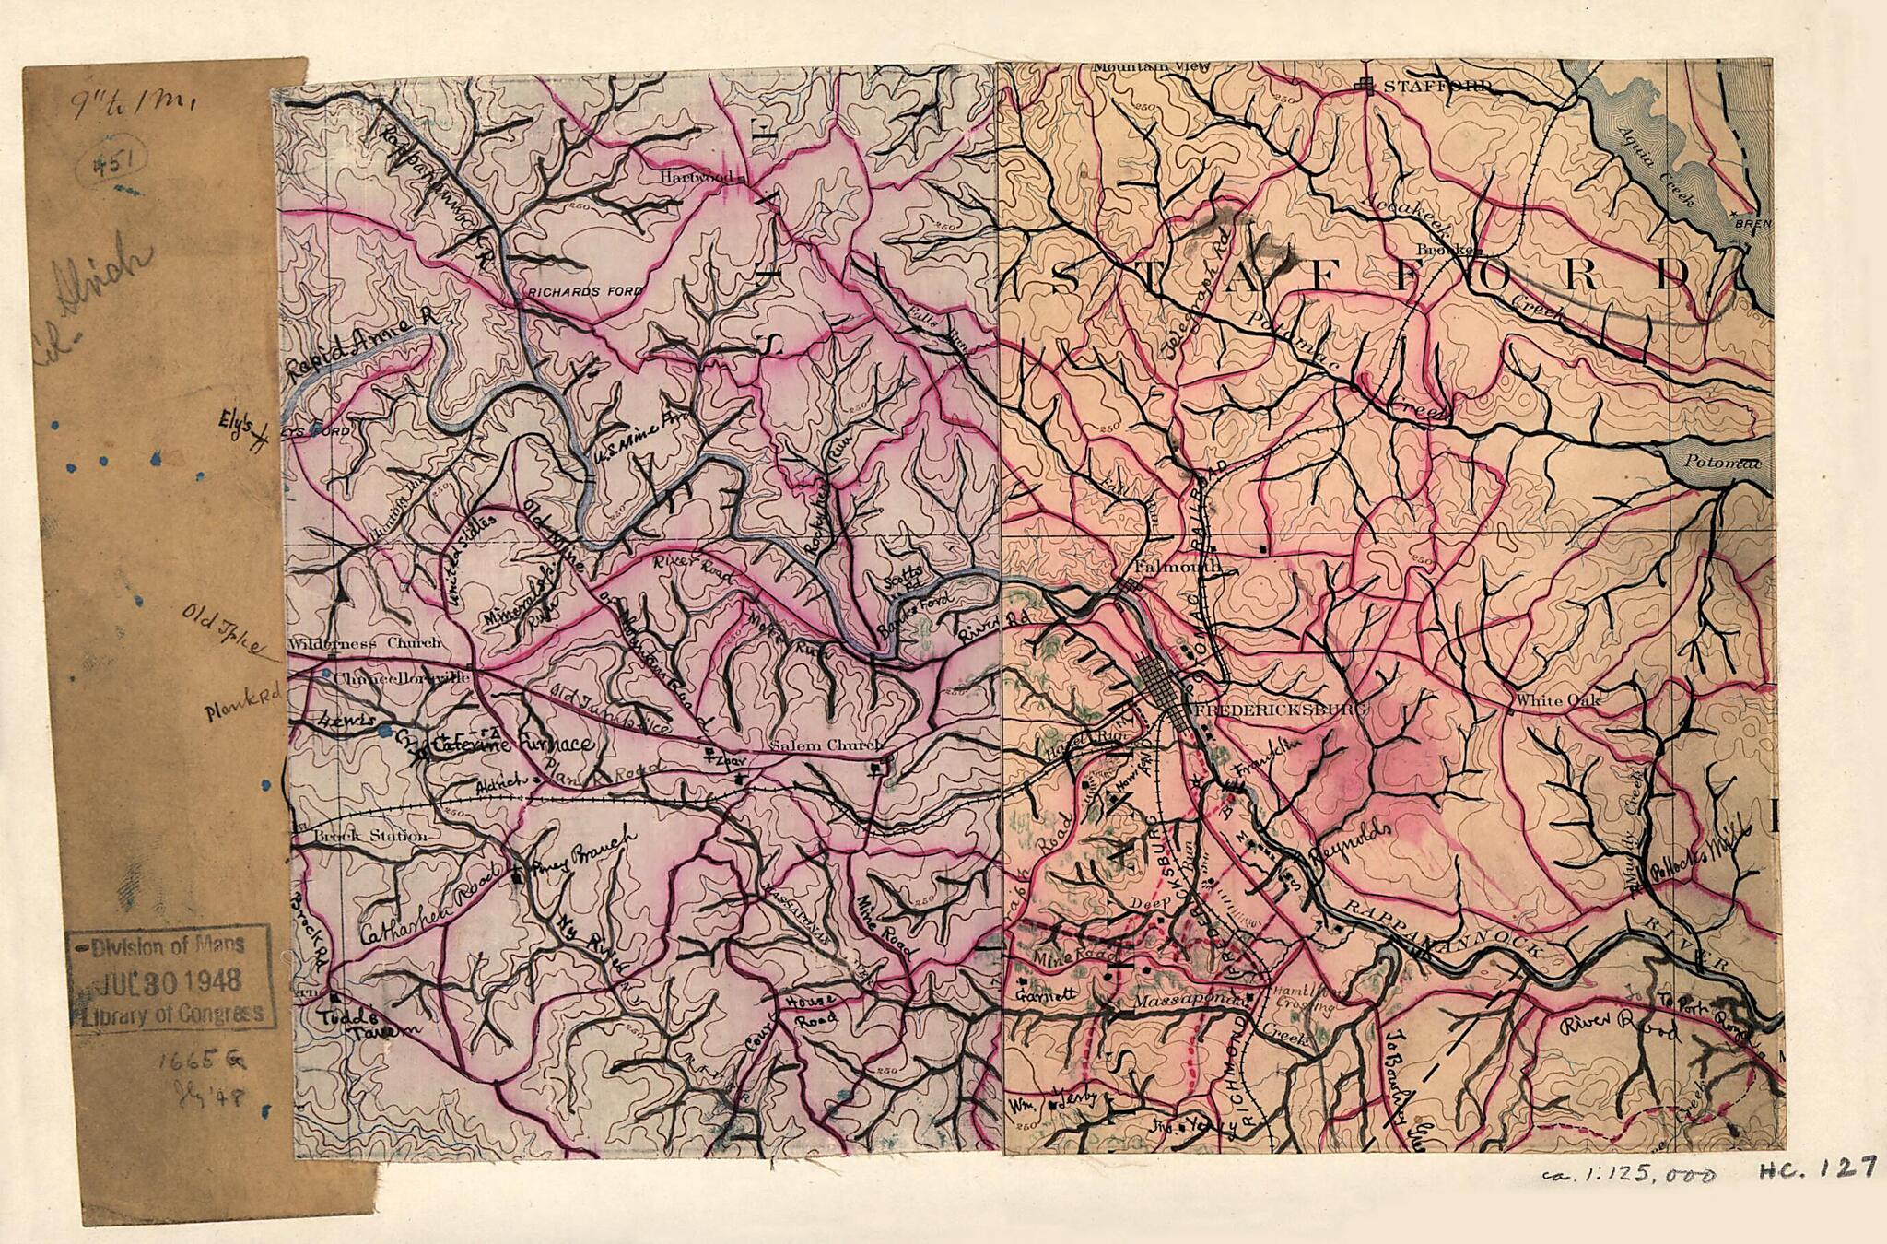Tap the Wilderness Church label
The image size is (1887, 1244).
click(x=365, y=643)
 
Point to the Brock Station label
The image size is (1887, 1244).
click(x=357, y=837)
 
